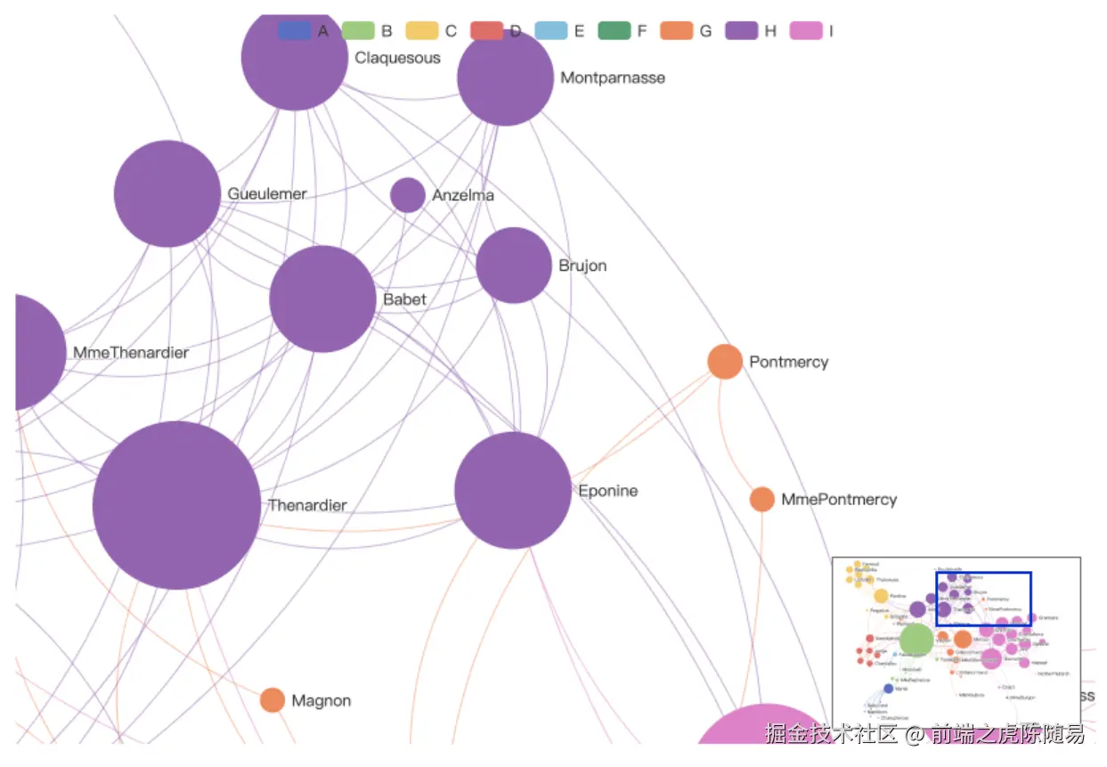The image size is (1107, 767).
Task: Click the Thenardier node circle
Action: [176, 505]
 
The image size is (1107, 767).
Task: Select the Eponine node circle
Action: [512, 490]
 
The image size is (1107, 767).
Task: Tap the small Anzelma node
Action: [407, 195]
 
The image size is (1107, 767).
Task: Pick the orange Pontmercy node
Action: [725, 362]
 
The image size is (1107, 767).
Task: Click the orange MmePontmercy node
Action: [761, 499]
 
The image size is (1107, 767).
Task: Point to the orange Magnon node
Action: [273, 700]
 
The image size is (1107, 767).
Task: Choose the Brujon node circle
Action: [514, 265]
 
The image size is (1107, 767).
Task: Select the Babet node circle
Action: [322, 298]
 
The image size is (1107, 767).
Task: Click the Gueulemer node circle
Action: [167, 193]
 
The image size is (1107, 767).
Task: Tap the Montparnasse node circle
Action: [505, 78]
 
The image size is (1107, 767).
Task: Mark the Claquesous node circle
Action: [294, 58]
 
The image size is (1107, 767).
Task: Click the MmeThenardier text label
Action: [131, 353]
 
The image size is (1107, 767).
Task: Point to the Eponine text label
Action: [608, 491]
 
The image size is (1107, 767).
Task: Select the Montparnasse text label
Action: [613, 78]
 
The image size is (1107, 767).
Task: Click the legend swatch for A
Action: [294, 31]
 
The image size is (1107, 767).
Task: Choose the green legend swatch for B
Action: [358, 31]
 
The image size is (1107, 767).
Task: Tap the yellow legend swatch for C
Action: [422, 31]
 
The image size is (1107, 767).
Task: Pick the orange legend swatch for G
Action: [677, 31]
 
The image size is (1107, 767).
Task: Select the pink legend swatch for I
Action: [806, 31]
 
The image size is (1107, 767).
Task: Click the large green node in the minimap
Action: [916, 639]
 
